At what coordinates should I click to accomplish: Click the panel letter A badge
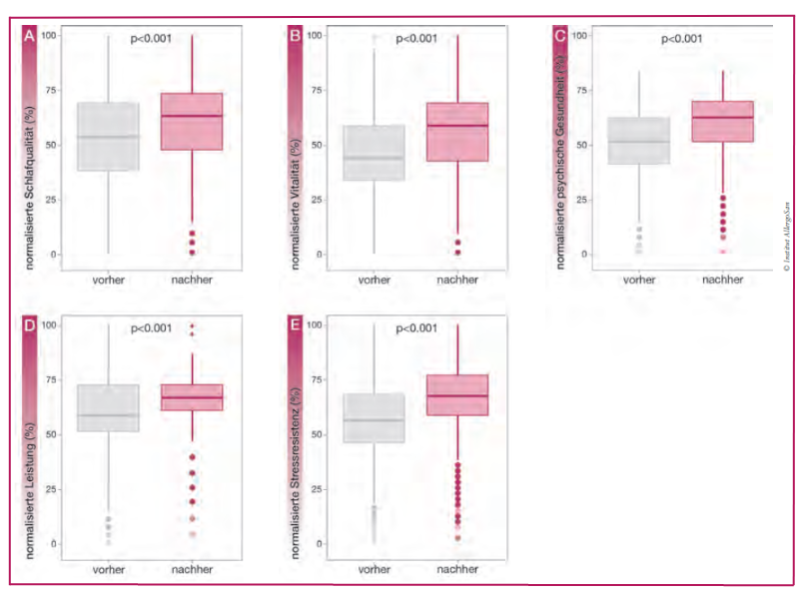31,36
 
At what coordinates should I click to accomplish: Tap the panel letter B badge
295,36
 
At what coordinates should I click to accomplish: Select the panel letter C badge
560,36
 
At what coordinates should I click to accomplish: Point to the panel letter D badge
31,326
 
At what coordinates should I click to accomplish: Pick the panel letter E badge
295,326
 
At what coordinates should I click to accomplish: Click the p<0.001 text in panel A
152,39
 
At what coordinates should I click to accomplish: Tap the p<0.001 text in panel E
416,328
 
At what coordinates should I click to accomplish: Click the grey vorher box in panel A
108,136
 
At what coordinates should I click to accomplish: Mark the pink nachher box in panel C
722,121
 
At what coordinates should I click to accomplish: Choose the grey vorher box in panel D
108,407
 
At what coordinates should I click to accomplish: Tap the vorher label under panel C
639,280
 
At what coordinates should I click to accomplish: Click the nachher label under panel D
192,569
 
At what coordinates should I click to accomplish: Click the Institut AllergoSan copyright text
786,230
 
